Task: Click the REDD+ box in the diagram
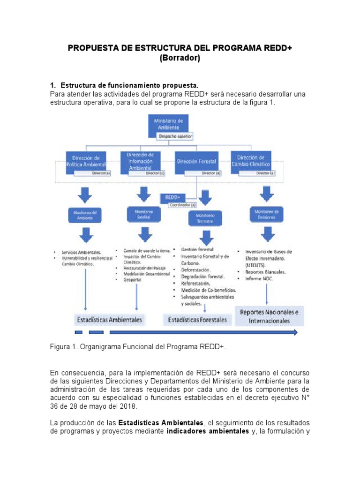click(172, 198)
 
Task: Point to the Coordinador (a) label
click(182, 205)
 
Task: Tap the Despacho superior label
click(174, 136)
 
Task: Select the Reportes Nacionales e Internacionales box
click(269, 316)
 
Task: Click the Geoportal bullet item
click(134, 280)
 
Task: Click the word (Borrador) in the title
click(180, 58)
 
